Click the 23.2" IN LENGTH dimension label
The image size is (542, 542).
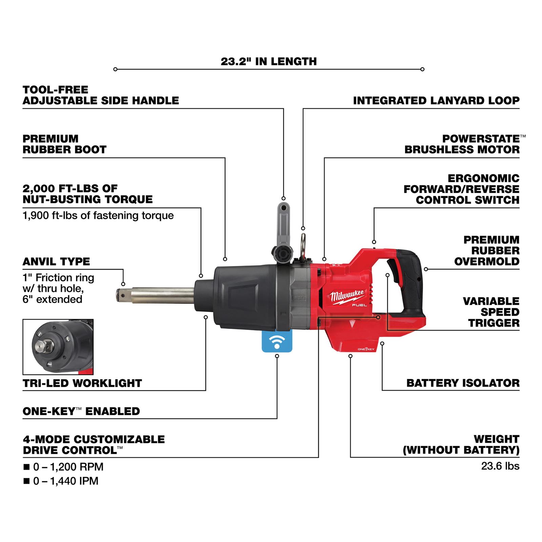(x=269, y=62)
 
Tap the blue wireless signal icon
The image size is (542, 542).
(x=277, y=341)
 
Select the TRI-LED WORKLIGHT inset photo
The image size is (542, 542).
(x=58, y=347)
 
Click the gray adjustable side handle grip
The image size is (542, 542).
(x=283, y=220)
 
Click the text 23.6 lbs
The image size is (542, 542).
(x=500, y=466)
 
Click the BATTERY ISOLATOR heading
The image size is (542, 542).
(x=463, y=383)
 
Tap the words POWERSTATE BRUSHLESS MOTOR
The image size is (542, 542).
(x=462, y=144)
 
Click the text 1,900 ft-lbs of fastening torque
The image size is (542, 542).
(x=98, y=215)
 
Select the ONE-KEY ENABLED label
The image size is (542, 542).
(x=81, y=411)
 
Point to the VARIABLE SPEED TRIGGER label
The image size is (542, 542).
(x=491, y=312)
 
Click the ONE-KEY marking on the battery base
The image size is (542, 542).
(x=366, y=349)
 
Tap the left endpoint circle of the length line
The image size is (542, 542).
(x=115, y=69)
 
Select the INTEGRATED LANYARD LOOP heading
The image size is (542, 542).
(x=436, y=101)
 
